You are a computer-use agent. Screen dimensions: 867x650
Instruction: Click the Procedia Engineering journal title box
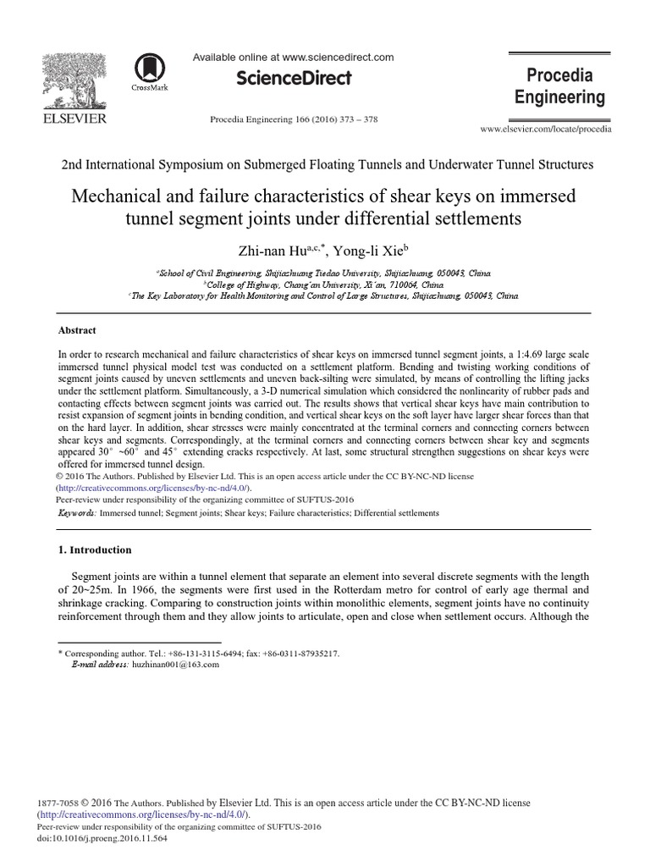point(560,86)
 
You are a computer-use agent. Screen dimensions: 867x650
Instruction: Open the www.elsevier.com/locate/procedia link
point(546,129)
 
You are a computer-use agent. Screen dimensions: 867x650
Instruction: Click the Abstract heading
point(76,330)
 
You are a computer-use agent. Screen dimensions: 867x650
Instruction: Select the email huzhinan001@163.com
point(175,665)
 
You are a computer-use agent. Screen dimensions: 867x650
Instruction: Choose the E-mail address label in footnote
point(100,665)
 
